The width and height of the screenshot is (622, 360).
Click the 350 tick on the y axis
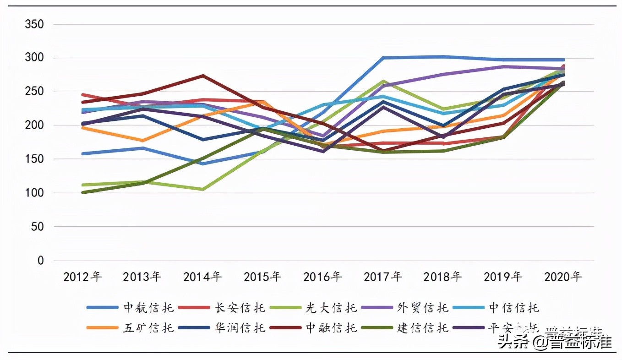tap(34, 24)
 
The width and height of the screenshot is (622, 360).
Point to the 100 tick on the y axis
tap(34, 193)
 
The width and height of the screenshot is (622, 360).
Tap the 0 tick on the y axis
tap(40, 261)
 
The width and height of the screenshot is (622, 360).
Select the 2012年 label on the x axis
tap(82, 277)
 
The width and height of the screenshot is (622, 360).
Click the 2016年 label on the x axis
tap(322, 277)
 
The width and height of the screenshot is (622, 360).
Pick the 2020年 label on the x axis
tap(563, 277)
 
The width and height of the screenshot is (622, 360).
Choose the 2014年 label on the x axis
tap(202, 277)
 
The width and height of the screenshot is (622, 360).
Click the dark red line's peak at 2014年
tap(202, 76)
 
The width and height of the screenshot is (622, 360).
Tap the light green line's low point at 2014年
tap(202, 189)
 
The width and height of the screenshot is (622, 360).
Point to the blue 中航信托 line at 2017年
tap(383, 58)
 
